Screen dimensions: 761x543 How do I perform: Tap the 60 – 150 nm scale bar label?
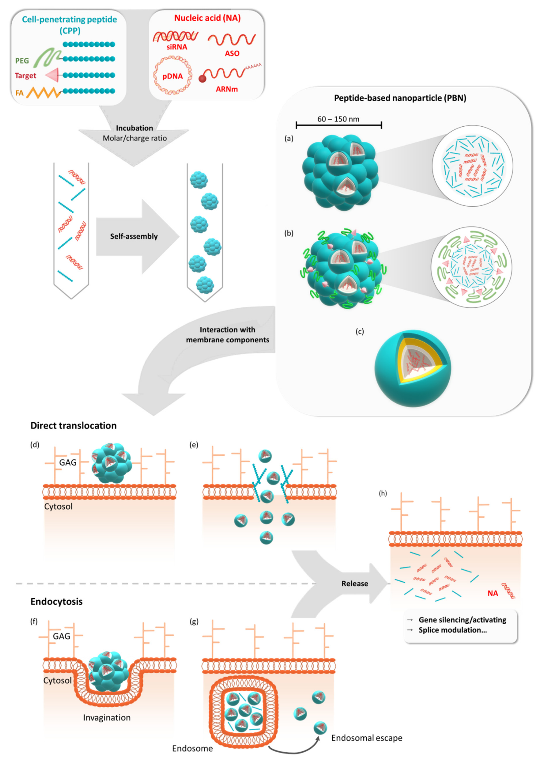(338, 119)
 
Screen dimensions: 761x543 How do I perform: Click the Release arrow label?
(354, 583)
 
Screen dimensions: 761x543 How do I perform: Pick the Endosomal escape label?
(367, 738)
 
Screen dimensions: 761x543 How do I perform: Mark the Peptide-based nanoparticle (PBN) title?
(400, 98)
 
